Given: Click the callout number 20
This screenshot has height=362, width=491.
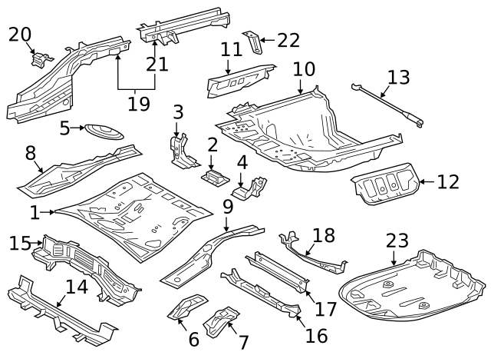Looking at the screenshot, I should (21, 34).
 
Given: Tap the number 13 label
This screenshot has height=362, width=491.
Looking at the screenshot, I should (398, 77).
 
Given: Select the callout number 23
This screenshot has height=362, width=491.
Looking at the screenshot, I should (397, 241).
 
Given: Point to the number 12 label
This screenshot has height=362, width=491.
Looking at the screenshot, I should (448, 181).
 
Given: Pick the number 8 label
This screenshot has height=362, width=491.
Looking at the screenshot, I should (31, 153).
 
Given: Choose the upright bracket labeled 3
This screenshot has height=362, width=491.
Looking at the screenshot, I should (179, 150).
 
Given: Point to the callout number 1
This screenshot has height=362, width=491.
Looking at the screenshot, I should (35, 211).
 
